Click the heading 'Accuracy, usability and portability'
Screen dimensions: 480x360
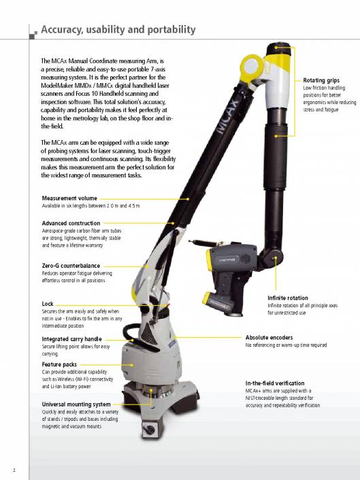(118, 29)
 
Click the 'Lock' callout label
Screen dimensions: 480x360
(48, 304)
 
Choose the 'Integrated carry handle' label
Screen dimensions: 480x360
(71, 339)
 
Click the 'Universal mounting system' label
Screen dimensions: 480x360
(76, 405)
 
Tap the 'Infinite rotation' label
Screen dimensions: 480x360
(287, 298)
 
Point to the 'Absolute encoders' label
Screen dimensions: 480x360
(269, 337)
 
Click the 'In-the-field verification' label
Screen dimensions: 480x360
(275, 383)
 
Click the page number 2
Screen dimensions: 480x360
(14, 469)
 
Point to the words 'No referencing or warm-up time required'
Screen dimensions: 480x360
(286, 345)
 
